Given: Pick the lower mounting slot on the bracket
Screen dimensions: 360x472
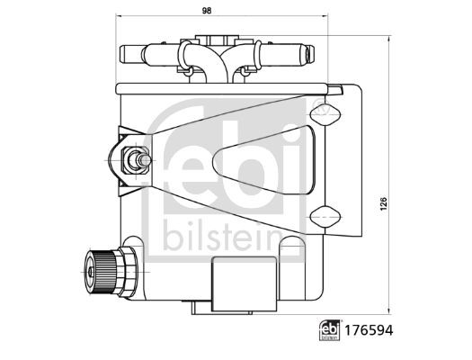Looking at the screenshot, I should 324,215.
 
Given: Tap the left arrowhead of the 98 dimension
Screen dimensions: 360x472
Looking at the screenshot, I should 120,20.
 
